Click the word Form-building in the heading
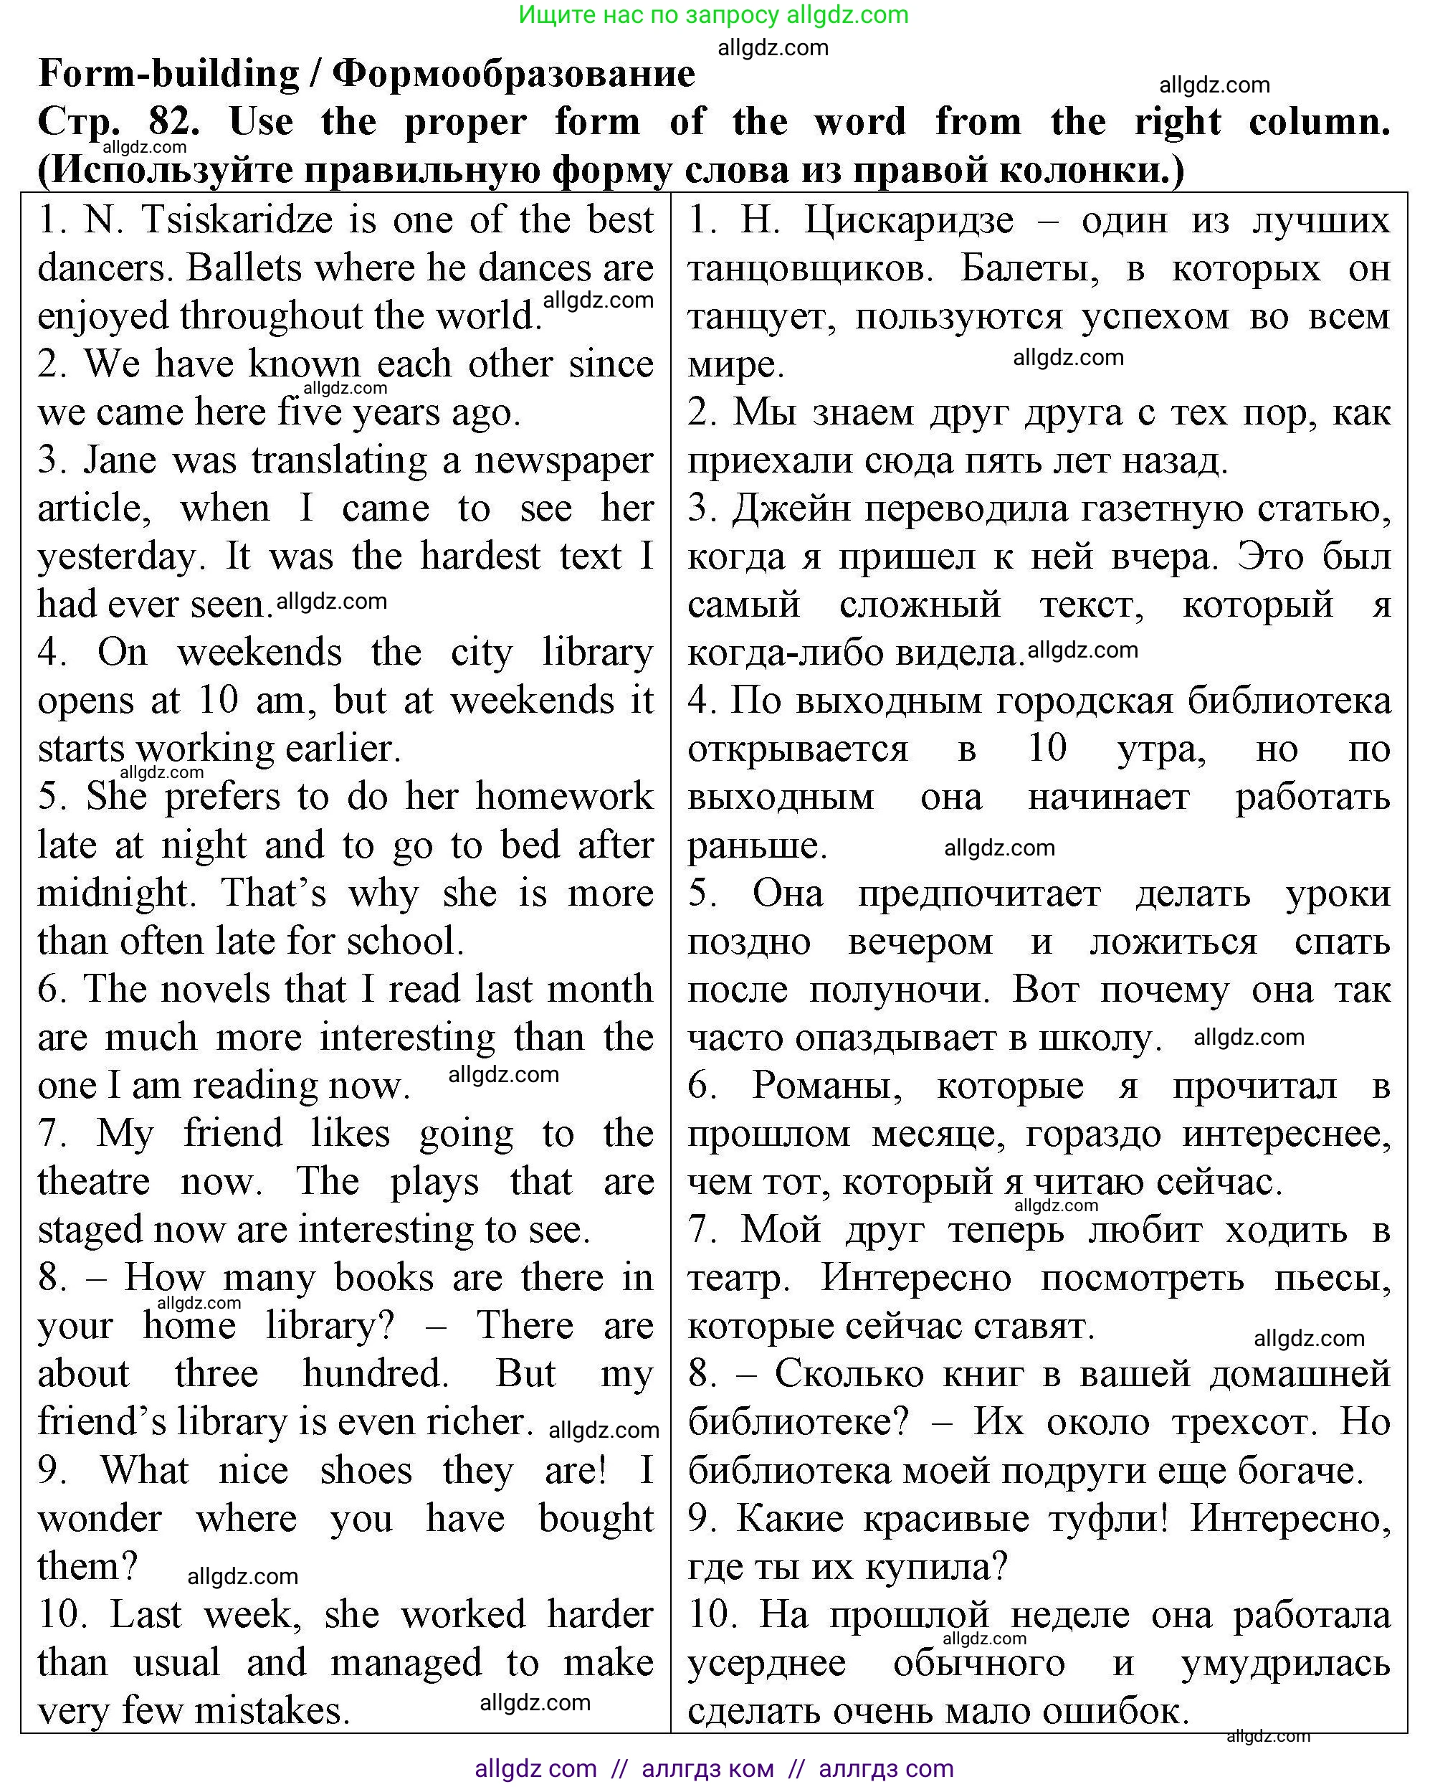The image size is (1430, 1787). [x=168, y=75]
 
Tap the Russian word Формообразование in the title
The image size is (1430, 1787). [x=514, y=75]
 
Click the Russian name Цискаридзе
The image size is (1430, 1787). [x=908, y=220]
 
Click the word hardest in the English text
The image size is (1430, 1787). [x=480, y=557]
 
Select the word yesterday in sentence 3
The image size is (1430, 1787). [x=121, y=557]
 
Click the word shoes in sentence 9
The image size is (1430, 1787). [x=366, y=1470]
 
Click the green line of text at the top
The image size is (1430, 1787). [x=713, y=15]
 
